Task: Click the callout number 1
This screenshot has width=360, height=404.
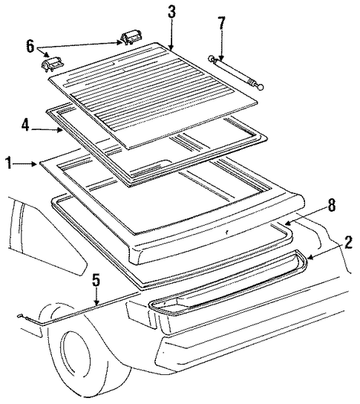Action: pyautogui.click(x=9, y=163)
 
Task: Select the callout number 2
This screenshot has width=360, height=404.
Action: pyautogui.click(x=348, y=243)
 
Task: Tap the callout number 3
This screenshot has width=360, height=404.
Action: pyautogui.click(x=171, y=12)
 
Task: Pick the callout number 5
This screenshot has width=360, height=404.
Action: pyautogui.click(x=96, y=280)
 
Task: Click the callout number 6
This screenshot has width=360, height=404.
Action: pyautogui.click(x=30, y=46)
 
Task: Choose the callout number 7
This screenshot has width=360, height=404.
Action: pyautogui.click(x=221, y=23)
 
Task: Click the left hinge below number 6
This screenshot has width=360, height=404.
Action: pyautogui.click(x=53, y=65)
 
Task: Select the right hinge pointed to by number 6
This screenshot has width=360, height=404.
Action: pyautogui.click(x=131, y=38)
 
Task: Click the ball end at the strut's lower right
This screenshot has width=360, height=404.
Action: pyautogui.click(x=261, y=88)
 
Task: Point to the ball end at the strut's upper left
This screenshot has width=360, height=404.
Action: pyautogui.click(x=211, y=58)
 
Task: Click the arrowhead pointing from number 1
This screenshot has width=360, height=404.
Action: pyautogui.click(x=35, y=163)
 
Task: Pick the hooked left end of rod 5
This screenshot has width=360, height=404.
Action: pyautogui.click(x=21, y=316)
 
